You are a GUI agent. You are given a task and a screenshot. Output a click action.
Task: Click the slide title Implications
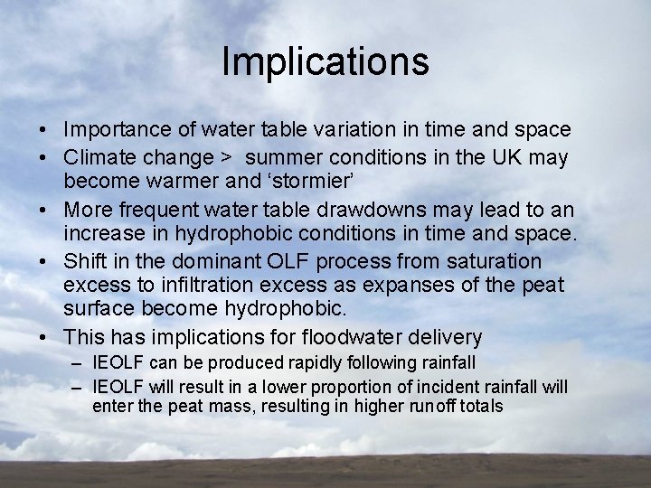pos(325,61)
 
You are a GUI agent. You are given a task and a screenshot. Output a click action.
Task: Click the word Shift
pos(86,261)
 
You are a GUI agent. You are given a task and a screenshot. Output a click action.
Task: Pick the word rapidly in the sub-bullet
pos(303,363)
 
